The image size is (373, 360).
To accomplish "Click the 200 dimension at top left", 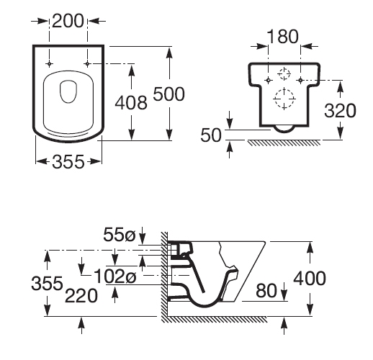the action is click(68, 21).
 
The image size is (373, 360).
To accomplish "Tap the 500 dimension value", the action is click(169, 94).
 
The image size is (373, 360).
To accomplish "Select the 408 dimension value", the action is click(131, 103).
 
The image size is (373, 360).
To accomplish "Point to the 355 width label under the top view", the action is click(68, 161).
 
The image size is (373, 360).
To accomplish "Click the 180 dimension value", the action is click(283, 37).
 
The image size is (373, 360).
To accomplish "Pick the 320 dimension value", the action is click(340, 110).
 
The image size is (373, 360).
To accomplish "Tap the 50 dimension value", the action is click(211, 135).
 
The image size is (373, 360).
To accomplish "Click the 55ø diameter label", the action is click(120, 234).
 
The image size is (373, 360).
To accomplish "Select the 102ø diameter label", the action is click(115, 276).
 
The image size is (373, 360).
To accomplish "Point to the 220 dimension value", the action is click(81, 296).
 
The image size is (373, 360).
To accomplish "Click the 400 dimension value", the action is click(310, 278).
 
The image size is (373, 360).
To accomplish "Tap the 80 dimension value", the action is click(266, 290).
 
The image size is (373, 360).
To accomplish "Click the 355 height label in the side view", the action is click(47, 283).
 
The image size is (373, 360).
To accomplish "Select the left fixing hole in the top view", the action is click(50, 64).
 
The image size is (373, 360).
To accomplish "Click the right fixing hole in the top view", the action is click(87, 64).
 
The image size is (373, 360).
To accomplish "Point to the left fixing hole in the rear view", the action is click(269, 80).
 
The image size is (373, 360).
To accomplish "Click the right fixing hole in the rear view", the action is click(300, 80).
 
